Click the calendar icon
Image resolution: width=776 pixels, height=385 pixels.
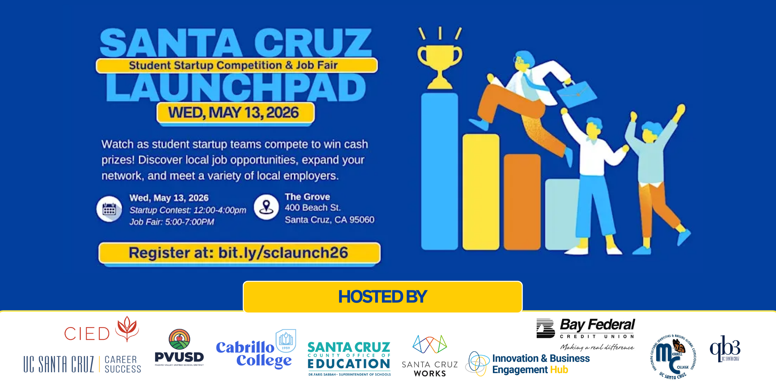point(109,209)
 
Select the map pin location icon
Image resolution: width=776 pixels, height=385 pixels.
point(266,207)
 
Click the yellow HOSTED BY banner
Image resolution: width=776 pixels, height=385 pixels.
point(382,297)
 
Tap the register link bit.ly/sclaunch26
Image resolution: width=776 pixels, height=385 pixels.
point(283,253)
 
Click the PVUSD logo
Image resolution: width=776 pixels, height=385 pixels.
point(179,348)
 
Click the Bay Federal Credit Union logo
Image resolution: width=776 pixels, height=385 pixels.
point(586,333)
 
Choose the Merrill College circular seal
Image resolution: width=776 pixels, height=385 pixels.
point(673,356)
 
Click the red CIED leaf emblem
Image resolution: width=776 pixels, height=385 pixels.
point(127,328)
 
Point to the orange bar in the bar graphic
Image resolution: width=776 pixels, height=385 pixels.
point(522,201)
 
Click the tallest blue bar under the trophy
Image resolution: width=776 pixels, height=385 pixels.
point(439,171)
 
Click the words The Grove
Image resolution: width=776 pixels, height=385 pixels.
point(307,197)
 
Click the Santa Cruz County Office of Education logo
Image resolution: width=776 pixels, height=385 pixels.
point(349,358)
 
